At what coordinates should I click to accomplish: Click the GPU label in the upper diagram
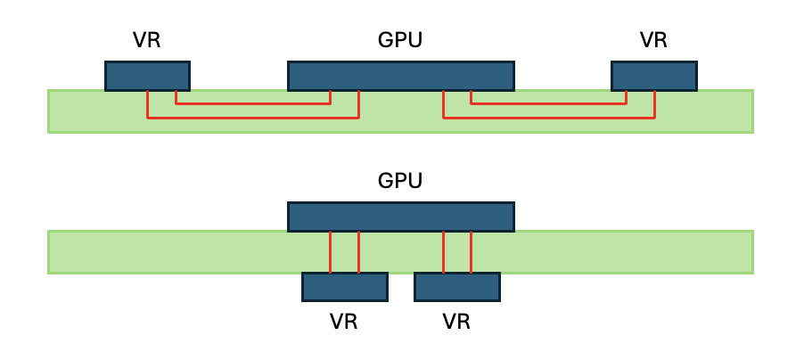pyautogui.click(x=400, y=40)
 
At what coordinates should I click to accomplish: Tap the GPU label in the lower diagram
pyautogui.click(x=400, y=181)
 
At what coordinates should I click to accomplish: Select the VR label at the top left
pyautogui.click(x=147, y=40)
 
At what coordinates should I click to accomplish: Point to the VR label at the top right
pyautogui.click(x=653, y=40)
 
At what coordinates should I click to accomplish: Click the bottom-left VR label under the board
pyautogui.click(x=343, y=322)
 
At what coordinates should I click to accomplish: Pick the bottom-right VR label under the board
pyautogui.click(x=456, y=322)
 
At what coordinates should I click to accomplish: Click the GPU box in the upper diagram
pyautogui.click(x=401, y=76)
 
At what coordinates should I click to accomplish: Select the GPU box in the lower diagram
pyautogui.click(x=401, y=217)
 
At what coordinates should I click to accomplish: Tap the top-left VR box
pyautogui.click(x=148, y=76)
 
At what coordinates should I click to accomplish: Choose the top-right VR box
pyautogui.click(x=654, y=76)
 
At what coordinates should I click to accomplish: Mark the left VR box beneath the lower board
pyautogui.click(x=345, y=287)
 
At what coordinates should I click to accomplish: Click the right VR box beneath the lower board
pyautogui.click(x=457, y=287)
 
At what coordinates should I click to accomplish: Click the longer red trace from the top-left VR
pyautogui.click(x=253, y=118)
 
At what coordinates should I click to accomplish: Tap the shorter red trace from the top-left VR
pyautogui.click(x=253, y=104)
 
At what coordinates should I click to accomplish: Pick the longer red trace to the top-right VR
pyautogui.click(x=549, y=118)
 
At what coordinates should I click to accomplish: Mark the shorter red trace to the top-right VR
pyautogui.click(x=549, y=104)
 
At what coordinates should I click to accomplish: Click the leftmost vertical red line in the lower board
pyautogui.click(x=330, y=252)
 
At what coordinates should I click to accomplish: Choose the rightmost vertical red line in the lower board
pyautogui.click(x=471, y=252)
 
